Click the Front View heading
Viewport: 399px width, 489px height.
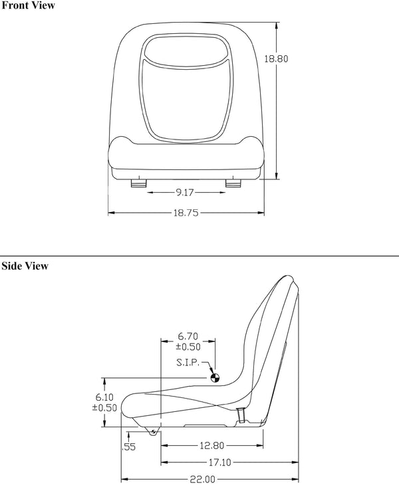[x=28, y=6]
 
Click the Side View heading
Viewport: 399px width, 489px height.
[x=25, y=266]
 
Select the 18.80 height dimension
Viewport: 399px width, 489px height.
[x=276, y=58]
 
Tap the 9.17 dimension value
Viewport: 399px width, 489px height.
[x=186, y=193]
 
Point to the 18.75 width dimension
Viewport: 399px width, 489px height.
[x=187, y=213]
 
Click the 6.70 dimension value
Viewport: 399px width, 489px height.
[x=187, y=336]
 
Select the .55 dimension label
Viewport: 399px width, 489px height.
[x=128, y=447]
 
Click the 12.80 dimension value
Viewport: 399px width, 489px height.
[x=211, y=446]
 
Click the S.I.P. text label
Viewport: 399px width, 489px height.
[x=190, y=362]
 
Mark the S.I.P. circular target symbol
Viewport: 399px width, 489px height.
[x=215, y=379]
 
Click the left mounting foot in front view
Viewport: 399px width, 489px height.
[x=138, y=183]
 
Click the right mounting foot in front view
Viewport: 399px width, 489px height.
[x=234, y=183]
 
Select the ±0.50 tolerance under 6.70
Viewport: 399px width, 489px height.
[x=187, y=346]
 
